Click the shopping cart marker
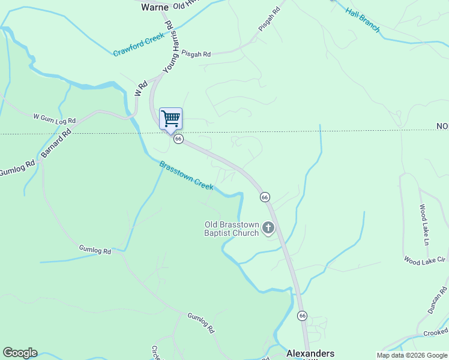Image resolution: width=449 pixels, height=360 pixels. (x=170, y=118)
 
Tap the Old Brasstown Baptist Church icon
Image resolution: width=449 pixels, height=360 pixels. (x=268, y=228)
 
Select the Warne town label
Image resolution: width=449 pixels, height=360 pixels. (x=154, y=7)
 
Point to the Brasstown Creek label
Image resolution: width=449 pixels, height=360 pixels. (x=186, y=176)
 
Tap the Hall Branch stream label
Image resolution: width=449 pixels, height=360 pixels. (x=363, y=20)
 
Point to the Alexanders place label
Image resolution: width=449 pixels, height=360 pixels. (x=310, y=353)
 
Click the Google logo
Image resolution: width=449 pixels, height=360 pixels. (x=20, y=353)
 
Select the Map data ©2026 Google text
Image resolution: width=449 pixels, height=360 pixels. (x=412, y=355)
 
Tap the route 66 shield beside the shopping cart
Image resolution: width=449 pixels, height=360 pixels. (x=178, y=139)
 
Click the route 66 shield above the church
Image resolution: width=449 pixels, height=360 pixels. (x=265, y=197)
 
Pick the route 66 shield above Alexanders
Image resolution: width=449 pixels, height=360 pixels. (x=302, y=316)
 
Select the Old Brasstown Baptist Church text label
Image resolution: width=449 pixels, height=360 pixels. (x=232, y=229)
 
